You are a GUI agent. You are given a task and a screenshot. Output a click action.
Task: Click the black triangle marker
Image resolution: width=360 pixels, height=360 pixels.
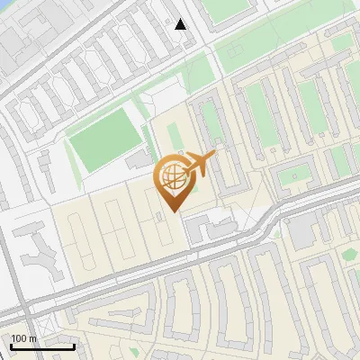pyautogui.click(x=181, y=24)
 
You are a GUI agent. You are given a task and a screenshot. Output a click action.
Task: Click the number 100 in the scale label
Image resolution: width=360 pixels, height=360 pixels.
pyautogui.click(x=19, y=338)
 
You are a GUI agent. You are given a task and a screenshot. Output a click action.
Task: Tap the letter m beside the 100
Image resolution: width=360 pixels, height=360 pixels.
pyautogui.click(x=33, y=338)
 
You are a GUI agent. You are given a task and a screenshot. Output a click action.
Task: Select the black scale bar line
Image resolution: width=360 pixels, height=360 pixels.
pyautogui.click(x=42, y=346)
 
